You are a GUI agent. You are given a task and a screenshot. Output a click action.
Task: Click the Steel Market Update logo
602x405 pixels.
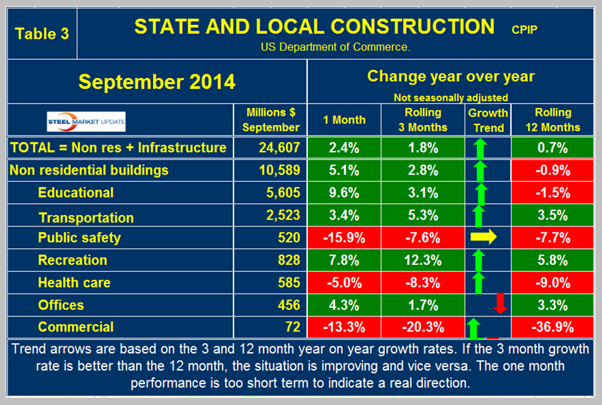(87, 121)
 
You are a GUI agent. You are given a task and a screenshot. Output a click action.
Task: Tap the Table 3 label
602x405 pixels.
(42, 33)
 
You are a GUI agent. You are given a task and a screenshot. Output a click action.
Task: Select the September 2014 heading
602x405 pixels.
(157, 82)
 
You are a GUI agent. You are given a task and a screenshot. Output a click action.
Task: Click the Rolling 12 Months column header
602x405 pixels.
(553, 120)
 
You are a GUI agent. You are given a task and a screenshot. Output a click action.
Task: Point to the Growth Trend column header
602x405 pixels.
(488, 120)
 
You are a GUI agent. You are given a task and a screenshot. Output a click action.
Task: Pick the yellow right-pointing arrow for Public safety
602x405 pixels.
(483, 237)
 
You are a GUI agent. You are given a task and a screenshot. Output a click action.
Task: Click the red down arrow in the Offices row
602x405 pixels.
(500, 303)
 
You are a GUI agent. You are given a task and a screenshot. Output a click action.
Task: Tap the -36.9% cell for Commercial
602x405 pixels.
(553, 328)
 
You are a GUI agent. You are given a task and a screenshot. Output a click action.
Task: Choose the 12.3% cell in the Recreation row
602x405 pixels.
(423, 260)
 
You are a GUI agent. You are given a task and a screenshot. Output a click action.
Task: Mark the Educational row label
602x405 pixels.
(75, 193)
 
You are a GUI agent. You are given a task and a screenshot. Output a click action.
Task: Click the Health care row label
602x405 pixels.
(74, 283)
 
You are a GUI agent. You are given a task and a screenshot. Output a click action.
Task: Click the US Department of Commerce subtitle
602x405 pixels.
(335, 47)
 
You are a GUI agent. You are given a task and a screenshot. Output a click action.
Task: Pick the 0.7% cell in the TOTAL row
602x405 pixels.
(553, 148)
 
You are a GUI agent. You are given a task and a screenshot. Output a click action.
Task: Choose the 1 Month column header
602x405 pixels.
(344, 120)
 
